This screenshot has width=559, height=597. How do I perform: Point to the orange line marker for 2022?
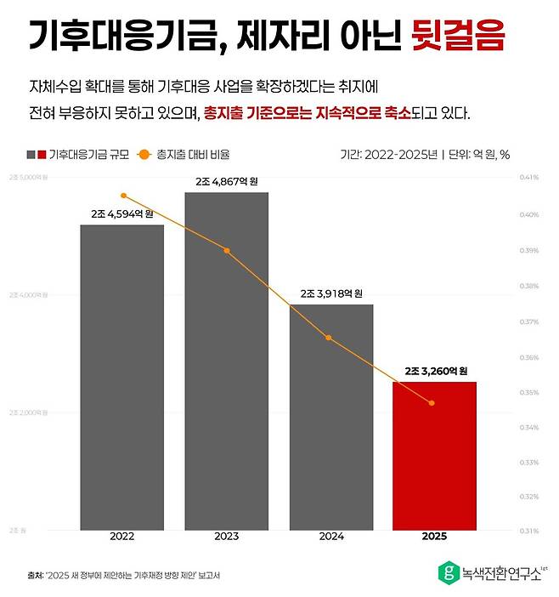coord(123,196)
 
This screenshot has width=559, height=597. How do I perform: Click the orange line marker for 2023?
coord(227,250)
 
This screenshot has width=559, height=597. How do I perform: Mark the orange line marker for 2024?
coord(330,338)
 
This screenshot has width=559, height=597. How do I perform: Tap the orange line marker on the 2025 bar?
coord(432,403)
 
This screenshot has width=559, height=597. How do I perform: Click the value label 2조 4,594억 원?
coord(122,213)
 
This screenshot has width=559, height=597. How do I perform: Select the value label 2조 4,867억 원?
coord(226,181)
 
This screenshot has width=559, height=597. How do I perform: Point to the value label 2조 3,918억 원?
coord(330,293)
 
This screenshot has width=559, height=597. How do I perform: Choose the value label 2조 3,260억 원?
coord(435,371)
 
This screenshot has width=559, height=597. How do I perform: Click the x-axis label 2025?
coord(434,537)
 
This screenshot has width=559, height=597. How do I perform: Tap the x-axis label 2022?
coord(122,537)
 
